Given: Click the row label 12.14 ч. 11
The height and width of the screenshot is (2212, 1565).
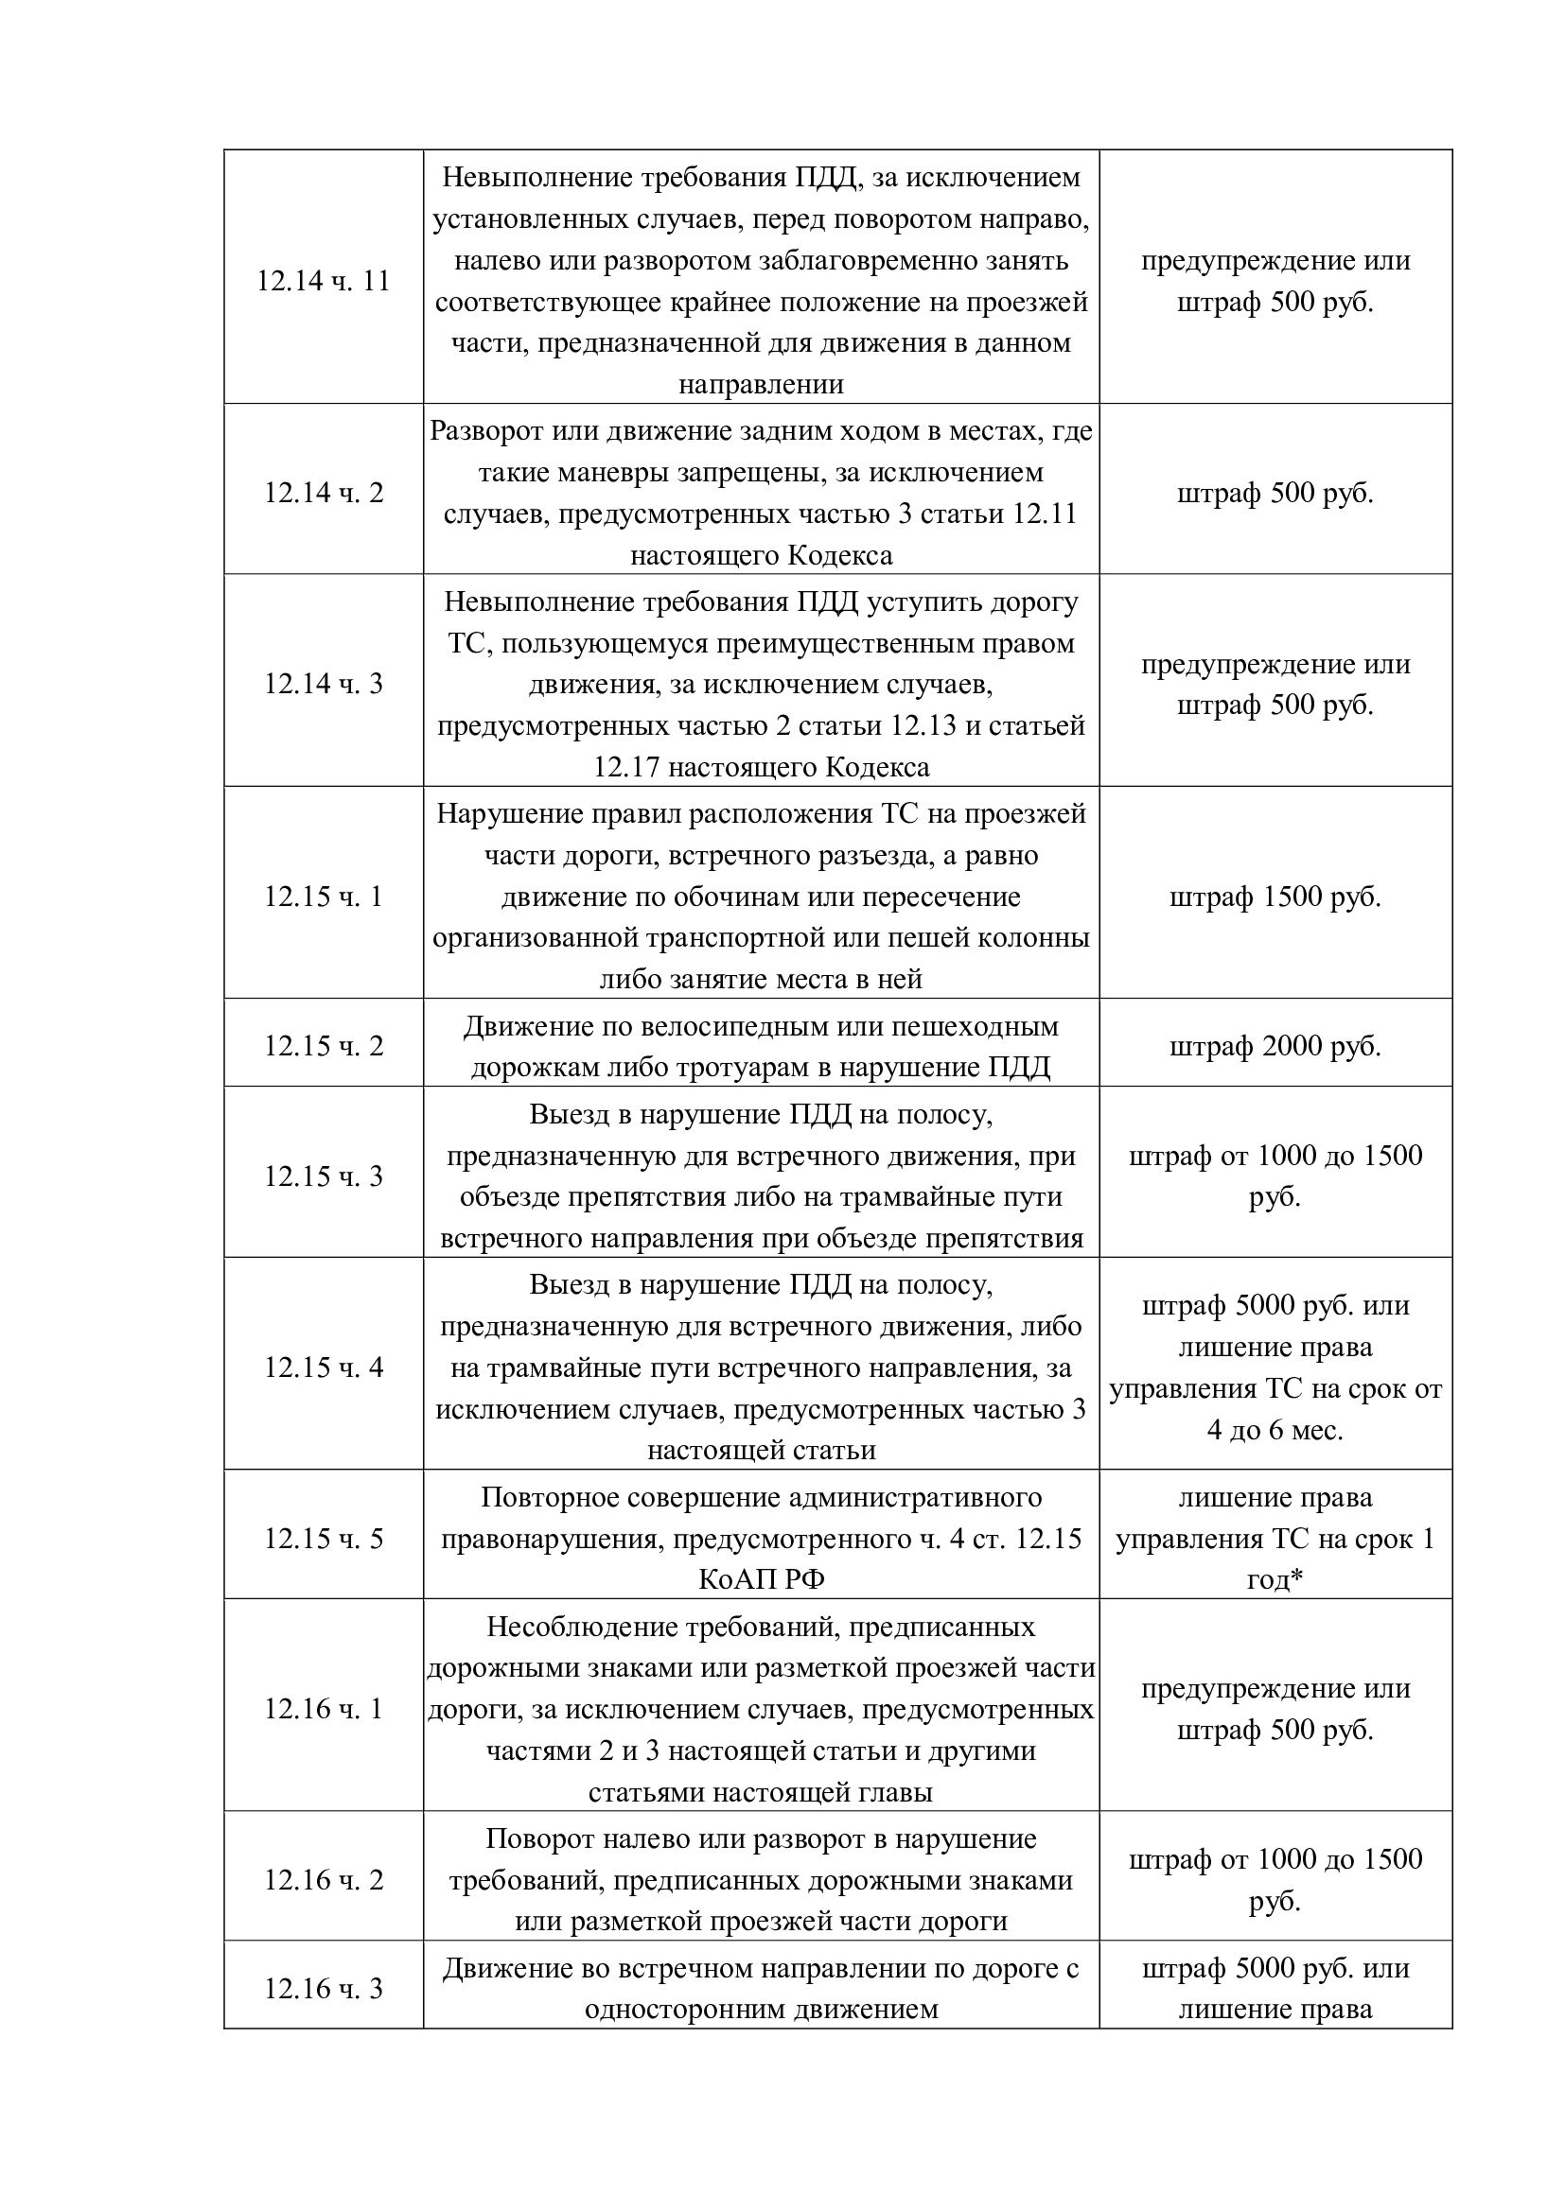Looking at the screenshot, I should pos(323,281).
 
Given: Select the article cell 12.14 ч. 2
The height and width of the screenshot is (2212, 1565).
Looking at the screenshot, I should pos(323,494).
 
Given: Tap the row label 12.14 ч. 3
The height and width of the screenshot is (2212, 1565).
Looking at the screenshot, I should pos(323,684).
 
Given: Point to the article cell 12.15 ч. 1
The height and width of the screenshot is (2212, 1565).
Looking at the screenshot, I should pos(323,897).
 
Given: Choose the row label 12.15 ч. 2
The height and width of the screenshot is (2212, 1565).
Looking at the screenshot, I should pos(323,1046).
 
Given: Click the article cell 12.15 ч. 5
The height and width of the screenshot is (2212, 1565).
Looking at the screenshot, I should pos(323,1539).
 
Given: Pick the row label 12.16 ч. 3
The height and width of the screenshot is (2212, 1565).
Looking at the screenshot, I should pos(323,1989).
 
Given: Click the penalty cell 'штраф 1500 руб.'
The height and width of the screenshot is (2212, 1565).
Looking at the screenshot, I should pos(1275,897).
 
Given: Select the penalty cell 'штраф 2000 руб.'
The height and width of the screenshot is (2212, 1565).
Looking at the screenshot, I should pos(1275,1046).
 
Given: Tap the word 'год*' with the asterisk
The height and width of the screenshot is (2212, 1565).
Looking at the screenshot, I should pos(1275,1580).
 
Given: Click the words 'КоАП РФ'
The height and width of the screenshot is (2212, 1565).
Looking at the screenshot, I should pos(762,1580).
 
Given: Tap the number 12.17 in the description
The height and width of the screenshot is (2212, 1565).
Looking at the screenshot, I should pos(625,767).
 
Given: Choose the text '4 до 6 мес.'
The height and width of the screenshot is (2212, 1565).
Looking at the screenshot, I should pos(1275,1430).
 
